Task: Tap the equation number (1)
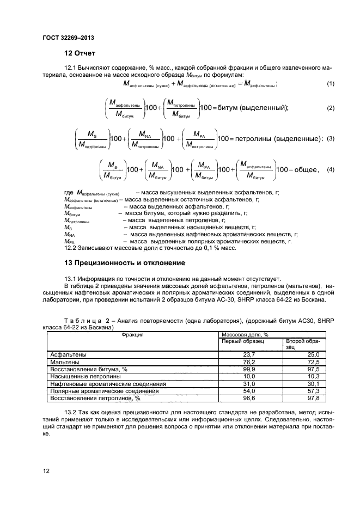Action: (330, 83)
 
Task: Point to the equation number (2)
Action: (330, 108)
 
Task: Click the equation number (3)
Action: (330, 138)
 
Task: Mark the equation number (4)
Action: (330, 170)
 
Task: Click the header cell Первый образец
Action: (242, 341)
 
